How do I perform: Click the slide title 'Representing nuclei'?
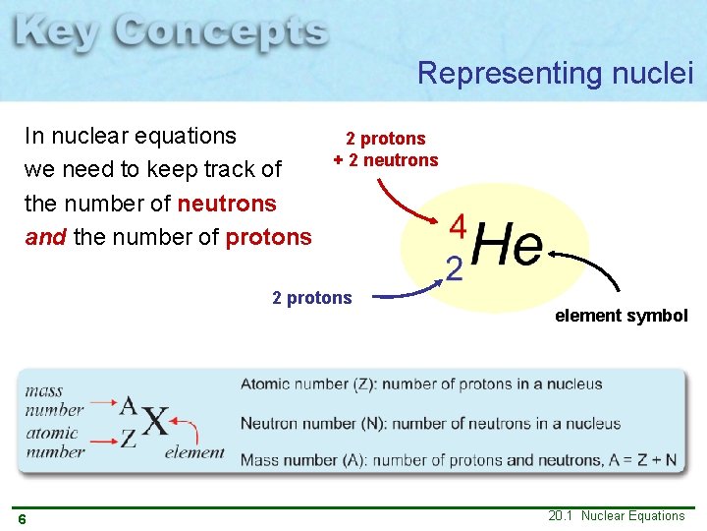555,73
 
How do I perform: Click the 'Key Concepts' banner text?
172,34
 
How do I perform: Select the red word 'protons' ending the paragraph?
268,237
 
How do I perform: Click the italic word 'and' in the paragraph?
44,237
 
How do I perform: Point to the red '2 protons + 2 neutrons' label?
385,149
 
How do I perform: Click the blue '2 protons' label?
311,298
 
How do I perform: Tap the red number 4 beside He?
457,226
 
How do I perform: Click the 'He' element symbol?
507,245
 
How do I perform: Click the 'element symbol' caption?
622,316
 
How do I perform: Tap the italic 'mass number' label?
55,400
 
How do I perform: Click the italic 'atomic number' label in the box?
54,442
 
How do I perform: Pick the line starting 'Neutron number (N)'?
430,424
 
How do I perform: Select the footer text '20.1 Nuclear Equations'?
617,516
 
